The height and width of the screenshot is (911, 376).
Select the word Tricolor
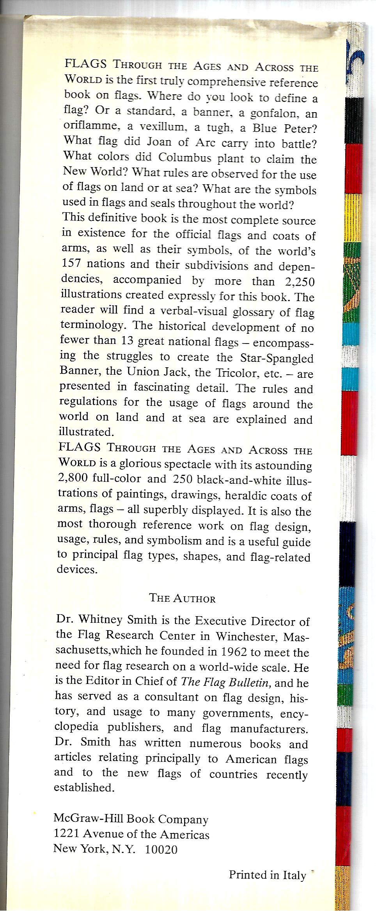[x=238, y=373]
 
